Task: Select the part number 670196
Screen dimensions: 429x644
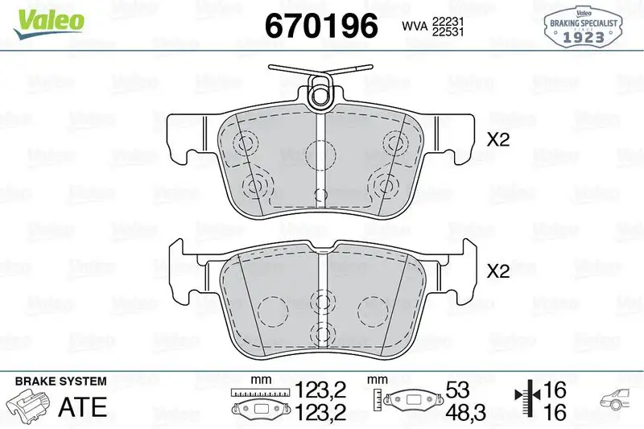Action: [x=321, y=26]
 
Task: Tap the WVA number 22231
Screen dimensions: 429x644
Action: [x=446, y=19]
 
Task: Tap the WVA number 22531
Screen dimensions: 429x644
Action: [x=446, y=32]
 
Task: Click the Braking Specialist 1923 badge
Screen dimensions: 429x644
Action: [x=584, y=27]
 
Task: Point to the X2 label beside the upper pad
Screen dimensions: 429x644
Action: [x=498, y=139]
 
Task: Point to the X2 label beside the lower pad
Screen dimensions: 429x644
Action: [x=498, y=272]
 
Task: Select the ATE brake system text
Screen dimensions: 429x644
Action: [x=84, y=406]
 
